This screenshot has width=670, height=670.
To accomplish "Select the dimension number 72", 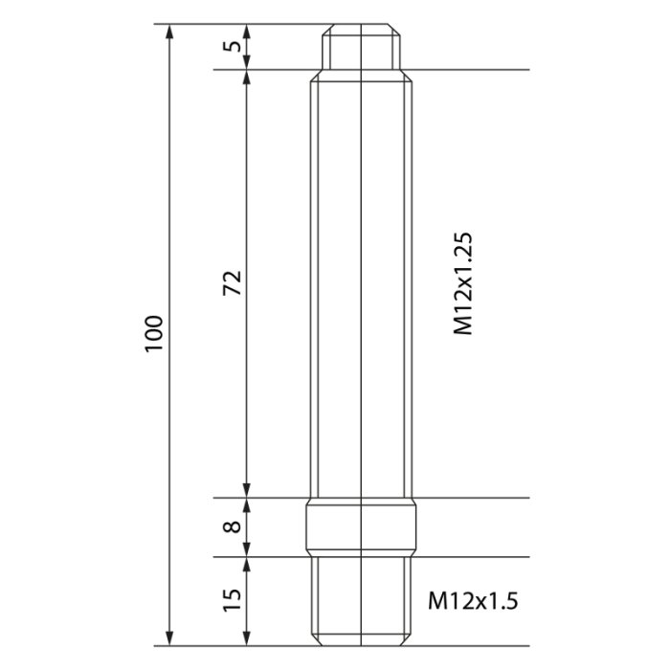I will pyautogui.click(x=233, y=283).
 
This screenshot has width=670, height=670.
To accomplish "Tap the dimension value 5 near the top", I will pyautogui.click(x=233, y=47).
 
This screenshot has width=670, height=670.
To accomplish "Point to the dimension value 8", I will pyautogui.click(x=233, y=527).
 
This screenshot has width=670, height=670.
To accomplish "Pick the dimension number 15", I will pyautogui.click(x=233, y=601).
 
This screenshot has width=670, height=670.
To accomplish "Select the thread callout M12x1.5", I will pyautogui.click(x=472, y=601).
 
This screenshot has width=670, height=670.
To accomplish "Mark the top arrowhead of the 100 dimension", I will pyautogui.click(x=170, y=32).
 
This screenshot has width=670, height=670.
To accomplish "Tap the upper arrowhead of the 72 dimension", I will pyautogui.click(x=247, y=78).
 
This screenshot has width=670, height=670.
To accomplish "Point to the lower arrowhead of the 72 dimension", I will pyautogui.click(x=247, y=489).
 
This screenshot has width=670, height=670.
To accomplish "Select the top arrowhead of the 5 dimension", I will pyautogui.click(x=247, y=32).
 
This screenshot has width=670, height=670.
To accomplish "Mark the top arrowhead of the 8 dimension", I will pyautogui.click(x=247, y=506).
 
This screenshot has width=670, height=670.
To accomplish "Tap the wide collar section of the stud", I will pyautogui.click(x=361, y=527).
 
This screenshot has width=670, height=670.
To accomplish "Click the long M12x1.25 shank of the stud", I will pyautogui.click(x=361, y=287).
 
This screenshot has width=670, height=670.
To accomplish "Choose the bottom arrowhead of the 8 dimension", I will pyautogui.click(x=247, y=547).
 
